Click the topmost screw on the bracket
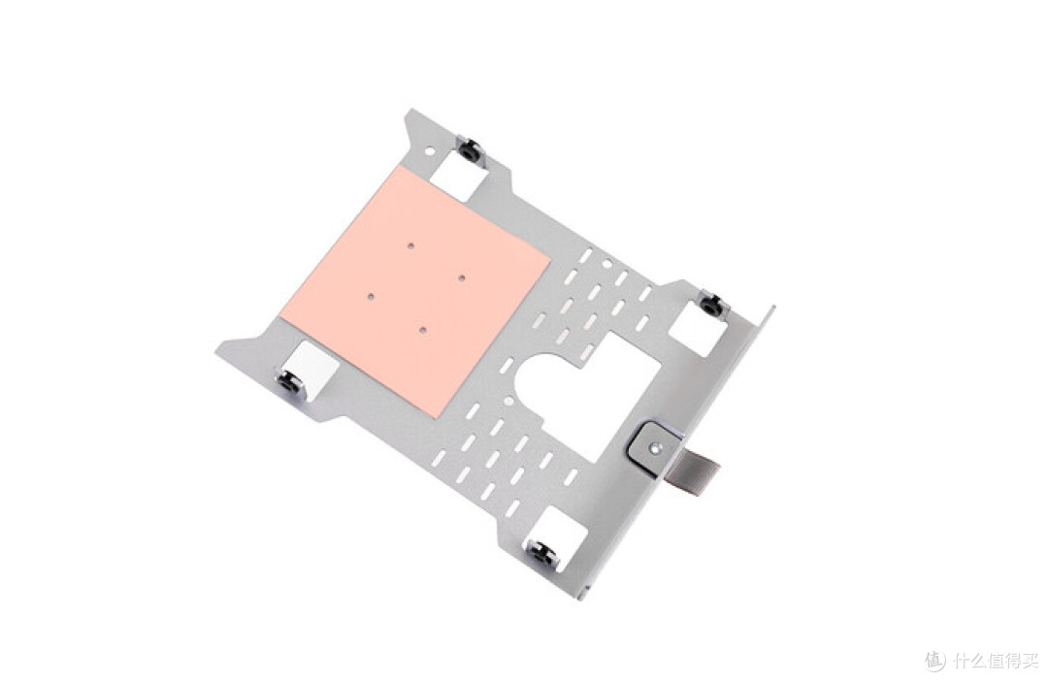[470, 150]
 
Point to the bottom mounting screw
[542, 552]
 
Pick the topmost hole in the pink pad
[411, 245]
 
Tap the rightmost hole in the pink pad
[462, 276]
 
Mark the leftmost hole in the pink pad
[371, 295]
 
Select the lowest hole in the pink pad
[422, 328]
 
